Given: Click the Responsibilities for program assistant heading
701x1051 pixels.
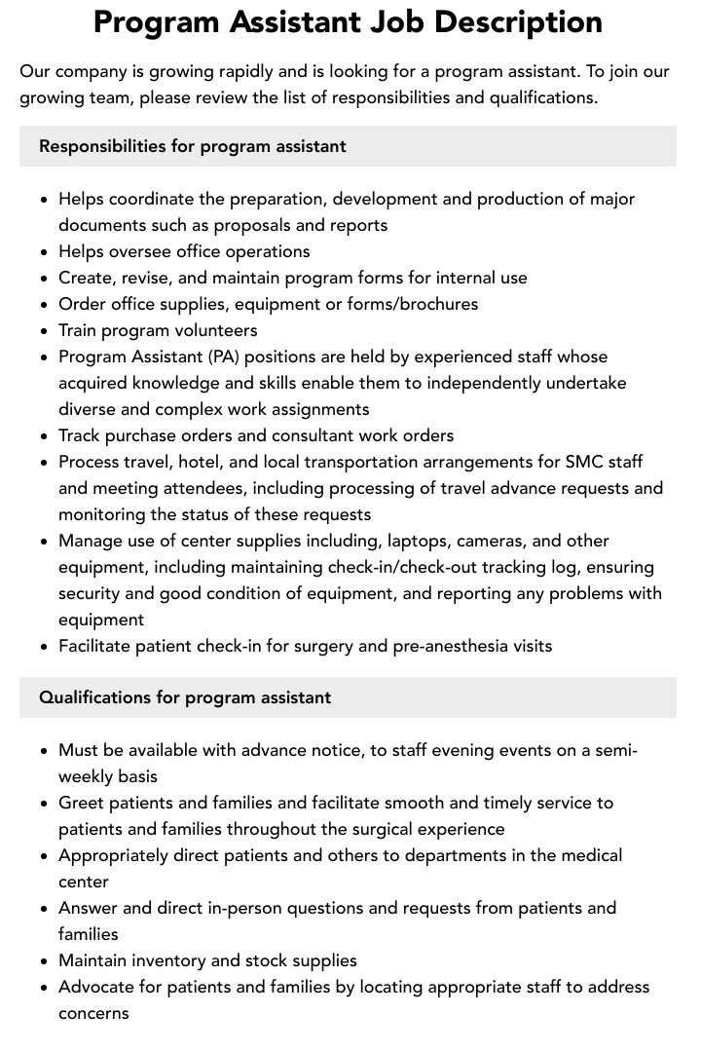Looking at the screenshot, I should [192, 146].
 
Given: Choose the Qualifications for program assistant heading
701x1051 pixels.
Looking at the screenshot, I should [185, 697].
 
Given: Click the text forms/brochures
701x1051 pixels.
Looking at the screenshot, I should [416, 304].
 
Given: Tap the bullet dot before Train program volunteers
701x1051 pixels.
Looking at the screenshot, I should [44, 331].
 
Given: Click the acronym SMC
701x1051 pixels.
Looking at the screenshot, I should [585, 462].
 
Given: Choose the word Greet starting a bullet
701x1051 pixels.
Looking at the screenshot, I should [81, 803].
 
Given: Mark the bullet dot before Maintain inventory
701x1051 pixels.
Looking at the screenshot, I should [44, 961].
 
